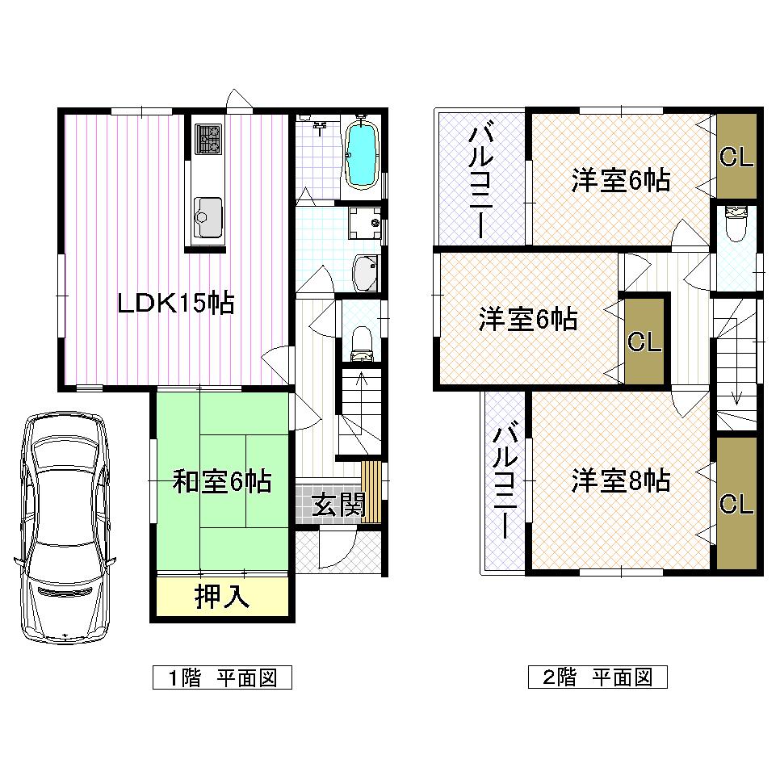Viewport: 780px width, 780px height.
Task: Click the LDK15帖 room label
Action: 175,304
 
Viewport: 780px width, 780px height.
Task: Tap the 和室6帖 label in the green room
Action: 222,483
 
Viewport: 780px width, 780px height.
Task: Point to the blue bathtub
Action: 361,153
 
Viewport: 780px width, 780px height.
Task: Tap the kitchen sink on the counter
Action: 208,216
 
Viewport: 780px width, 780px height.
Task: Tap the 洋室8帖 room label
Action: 620,481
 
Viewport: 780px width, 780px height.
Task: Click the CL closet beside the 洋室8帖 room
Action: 736,504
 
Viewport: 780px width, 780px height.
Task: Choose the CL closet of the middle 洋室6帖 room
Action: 645,342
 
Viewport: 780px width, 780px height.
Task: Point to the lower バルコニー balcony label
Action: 505,482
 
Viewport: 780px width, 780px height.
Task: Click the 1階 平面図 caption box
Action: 222,677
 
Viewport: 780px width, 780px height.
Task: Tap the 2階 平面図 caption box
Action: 598,677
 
